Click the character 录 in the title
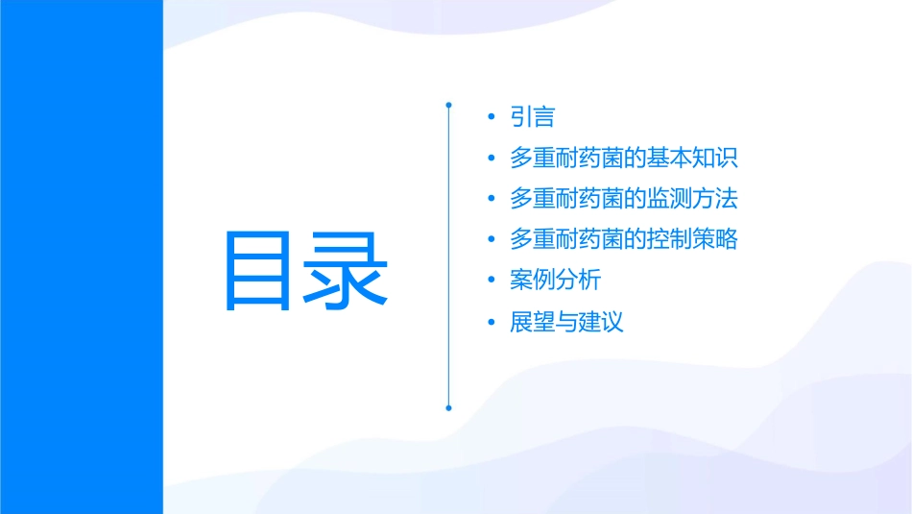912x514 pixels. [347, 271]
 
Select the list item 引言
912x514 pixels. [533, 118]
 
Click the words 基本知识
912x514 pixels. [692, 159]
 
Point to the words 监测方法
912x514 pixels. [692, 199]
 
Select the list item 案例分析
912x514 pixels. [556, 281]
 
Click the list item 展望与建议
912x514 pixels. [567, 322]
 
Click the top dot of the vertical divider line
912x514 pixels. [448, 103]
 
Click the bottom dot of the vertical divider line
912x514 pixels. [448, 407]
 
